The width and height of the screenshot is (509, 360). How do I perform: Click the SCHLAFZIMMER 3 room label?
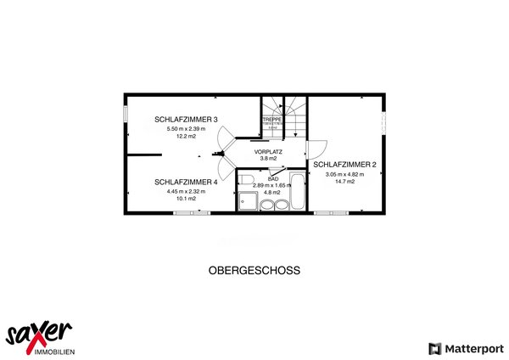pyautogui.click(x=186, y=119)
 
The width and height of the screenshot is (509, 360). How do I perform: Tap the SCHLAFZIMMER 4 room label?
pyautogui.click(x=186, y=182)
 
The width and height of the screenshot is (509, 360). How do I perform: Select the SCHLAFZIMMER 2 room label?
pyautogui.click(x=344, y=164)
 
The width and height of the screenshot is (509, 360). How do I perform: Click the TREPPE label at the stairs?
pyautogui.click(x=271, y=121)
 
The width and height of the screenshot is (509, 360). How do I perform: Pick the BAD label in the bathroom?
pyautogui.click(x=273, y=179)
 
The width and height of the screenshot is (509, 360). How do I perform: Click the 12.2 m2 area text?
pyautogui.click(x=186, y=136)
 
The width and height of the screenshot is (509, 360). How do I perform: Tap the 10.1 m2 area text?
pyautogui.click(x=186, y=199)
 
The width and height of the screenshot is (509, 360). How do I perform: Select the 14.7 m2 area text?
pyautogui.click(x=344, y=182)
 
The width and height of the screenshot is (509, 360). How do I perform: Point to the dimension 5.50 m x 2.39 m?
pyautogui.click(x=186, y=128)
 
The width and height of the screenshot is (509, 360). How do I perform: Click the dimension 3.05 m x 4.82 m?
pyautogui.click(x=344, y=174)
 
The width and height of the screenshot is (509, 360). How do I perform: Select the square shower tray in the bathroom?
pyautogui.click(x=249, y=201)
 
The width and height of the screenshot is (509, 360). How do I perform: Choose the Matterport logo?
pyautogui.click(x=467, y=348)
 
